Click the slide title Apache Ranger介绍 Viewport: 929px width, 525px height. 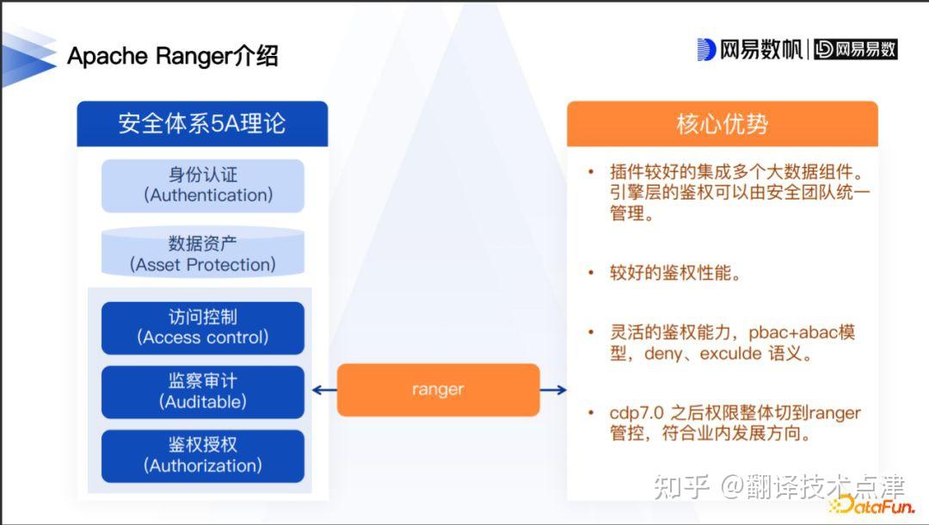click(x=173, y=57)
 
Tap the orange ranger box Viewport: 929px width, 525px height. click(x=438, y=390)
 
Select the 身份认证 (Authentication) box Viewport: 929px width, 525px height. click(x=203, y=185)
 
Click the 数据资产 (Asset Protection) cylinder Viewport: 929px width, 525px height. click(x=203, y=254)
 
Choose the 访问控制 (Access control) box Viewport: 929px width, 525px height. click(x=203, y=327)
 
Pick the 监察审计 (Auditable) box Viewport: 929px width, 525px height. click(x=203, y=392)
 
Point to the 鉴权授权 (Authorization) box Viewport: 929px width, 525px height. click(x=203, y=455)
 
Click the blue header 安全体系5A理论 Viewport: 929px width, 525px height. click(x=202, y=124)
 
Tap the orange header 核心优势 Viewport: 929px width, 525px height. click(x=722, y=124)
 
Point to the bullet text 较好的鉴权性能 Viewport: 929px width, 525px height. click(x=674, y=274)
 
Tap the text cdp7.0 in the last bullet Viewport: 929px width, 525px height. click(x=638, y=413)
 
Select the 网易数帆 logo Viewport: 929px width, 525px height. click(x=749, y=50)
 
